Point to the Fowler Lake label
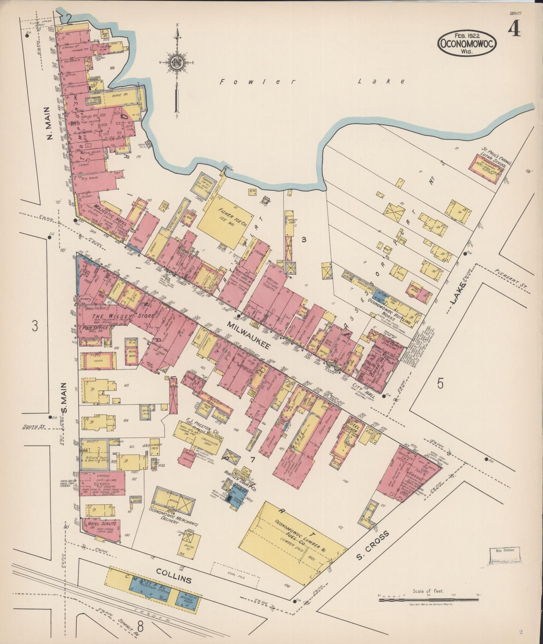click(x=312, y=82)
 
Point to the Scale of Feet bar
click(x=428, y=600)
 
